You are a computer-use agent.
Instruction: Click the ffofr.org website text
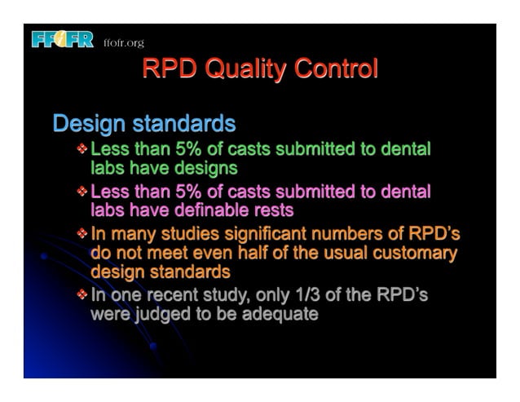click(x=124, y=42)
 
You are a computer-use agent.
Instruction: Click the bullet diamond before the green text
click(x=82, y=150)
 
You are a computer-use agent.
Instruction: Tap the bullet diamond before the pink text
click(x=82, y=192)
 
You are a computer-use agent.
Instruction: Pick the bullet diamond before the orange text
click(x=82, y=235)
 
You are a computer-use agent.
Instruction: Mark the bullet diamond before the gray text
click(x=82, y=295)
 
